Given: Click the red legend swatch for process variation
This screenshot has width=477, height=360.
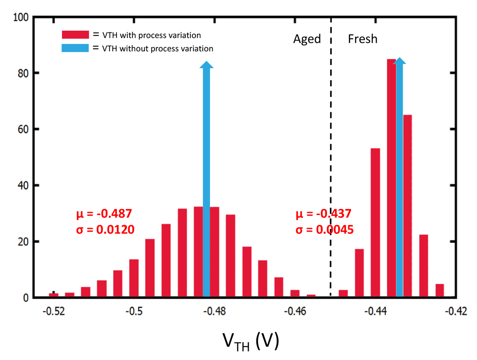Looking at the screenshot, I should click(75, 35).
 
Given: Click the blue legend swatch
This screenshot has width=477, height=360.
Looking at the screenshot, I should click(75, 48).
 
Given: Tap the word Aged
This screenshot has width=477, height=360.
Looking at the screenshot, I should click(307, 39).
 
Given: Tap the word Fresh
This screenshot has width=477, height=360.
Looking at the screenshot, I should click(363, 39).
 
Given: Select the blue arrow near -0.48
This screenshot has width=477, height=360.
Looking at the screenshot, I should click(207, 179).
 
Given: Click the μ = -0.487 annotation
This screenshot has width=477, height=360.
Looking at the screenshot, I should click(104, 213).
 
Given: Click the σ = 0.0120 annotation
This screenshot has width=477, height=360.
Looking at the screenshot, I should click(105, 230).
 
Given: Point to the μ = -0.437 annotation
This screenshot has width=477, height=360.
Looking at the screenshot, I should click(323, 213).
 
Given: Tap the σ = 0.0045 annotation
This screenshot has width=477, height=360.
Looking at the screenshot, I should click(325, 230).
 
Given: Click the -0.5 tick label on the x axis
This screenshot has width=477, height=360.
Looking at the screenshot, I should click(134, 311).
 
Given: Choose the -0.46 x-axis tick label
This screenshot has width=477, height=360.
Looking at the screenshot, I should click(295, 311).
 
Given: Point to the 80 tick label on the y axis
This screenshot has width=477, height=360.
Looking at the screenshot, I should click(23, 73).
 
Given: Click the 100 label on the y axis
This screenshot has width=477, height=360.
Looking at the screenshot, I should click(21, 17).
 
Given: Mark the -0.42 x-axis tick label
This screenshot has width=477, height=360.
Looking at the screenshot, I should click(456, 311).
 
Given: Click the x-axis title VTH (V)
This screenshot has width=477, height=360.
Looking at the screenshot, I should click(251, 341).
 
